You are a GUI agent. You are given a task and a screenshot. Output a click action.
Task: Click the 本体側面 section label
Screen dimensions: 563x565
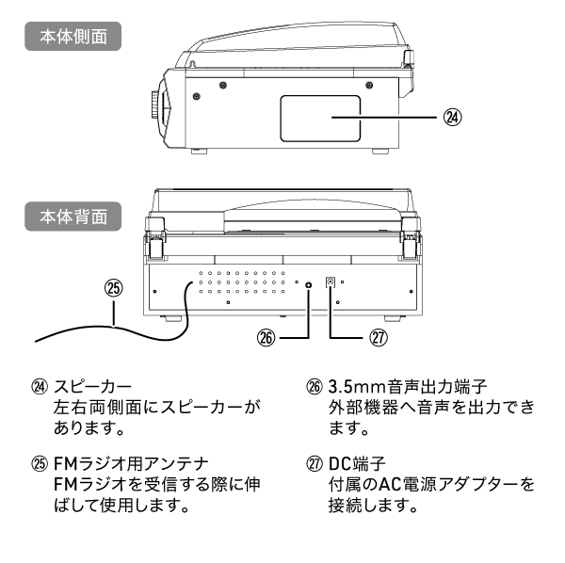(73, 38)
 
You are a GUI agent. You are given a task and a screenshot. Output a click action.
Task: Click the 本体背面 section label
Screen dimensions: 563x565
(73, 216)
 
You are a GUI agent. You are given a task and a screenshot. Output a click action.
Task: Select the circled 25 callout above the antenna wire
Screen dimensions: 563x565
(114, 289)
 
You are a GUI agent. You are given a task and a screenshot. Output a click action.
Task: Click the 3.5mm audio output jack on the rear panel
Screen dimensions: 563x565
(309, 283)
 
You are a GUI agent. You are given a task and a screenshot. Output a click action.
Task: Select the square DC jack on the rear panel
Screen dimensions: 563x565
(331, 282)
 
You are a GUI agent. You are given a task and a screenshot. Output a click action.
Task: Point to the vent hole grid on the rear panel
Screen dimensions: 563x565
(242, 286)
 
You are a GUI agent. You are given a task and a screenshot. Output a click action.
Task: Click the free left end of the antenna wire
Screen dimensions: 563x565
(35, 340)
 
